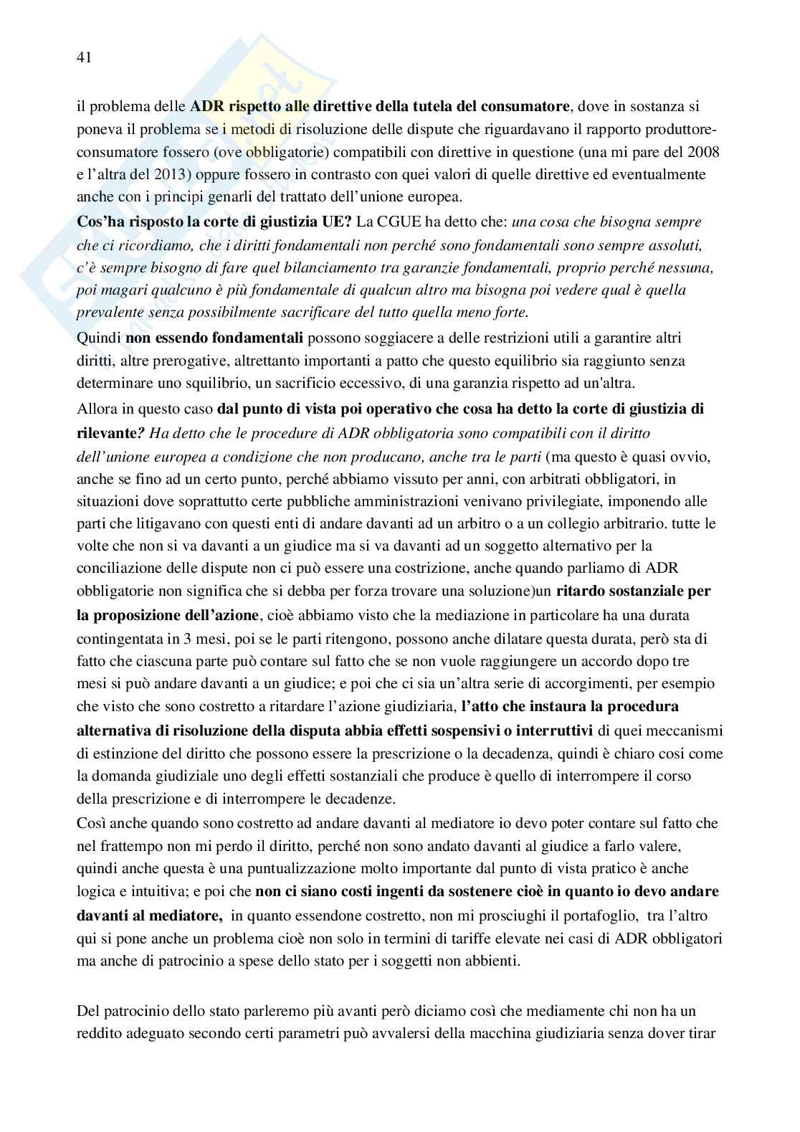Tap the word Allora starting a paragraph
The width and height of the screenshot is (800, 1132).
point(96,410)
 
